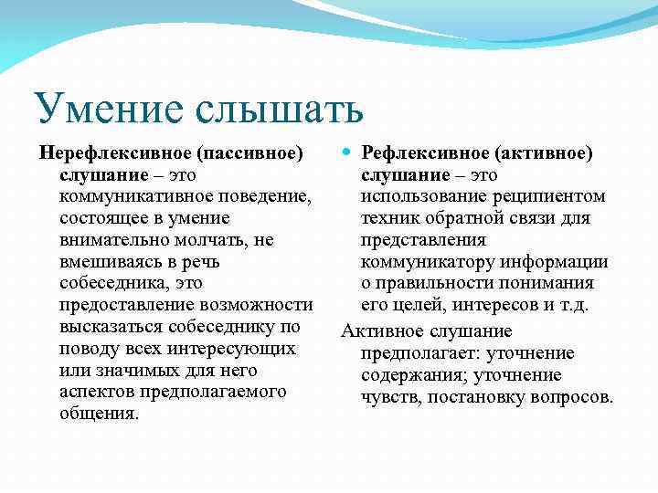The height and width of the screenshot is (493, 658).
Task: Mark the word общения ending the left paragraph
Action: tap(99, 414)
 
